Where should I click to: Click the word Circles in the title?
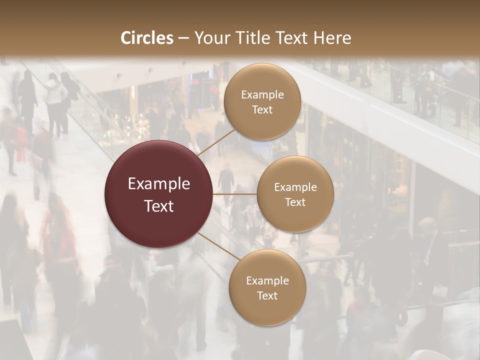[x=147, y=38]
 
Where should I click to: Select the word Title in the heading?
[x=255, y=38]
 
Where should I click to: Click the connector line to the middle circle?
[x=235, y=194]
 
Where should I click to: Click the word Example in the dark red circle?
[x=159, y=184]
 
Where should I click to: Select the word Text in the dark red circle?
[x=159, y=206]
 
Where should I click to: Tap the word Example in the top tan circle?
[x=262, y=95]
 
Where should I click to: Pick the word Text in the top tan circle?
[x=262, y=109]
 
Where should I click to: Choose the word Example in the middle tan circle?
[x=295, y=187]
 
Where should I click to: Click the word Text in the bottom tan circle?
[x=267, y=295]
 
